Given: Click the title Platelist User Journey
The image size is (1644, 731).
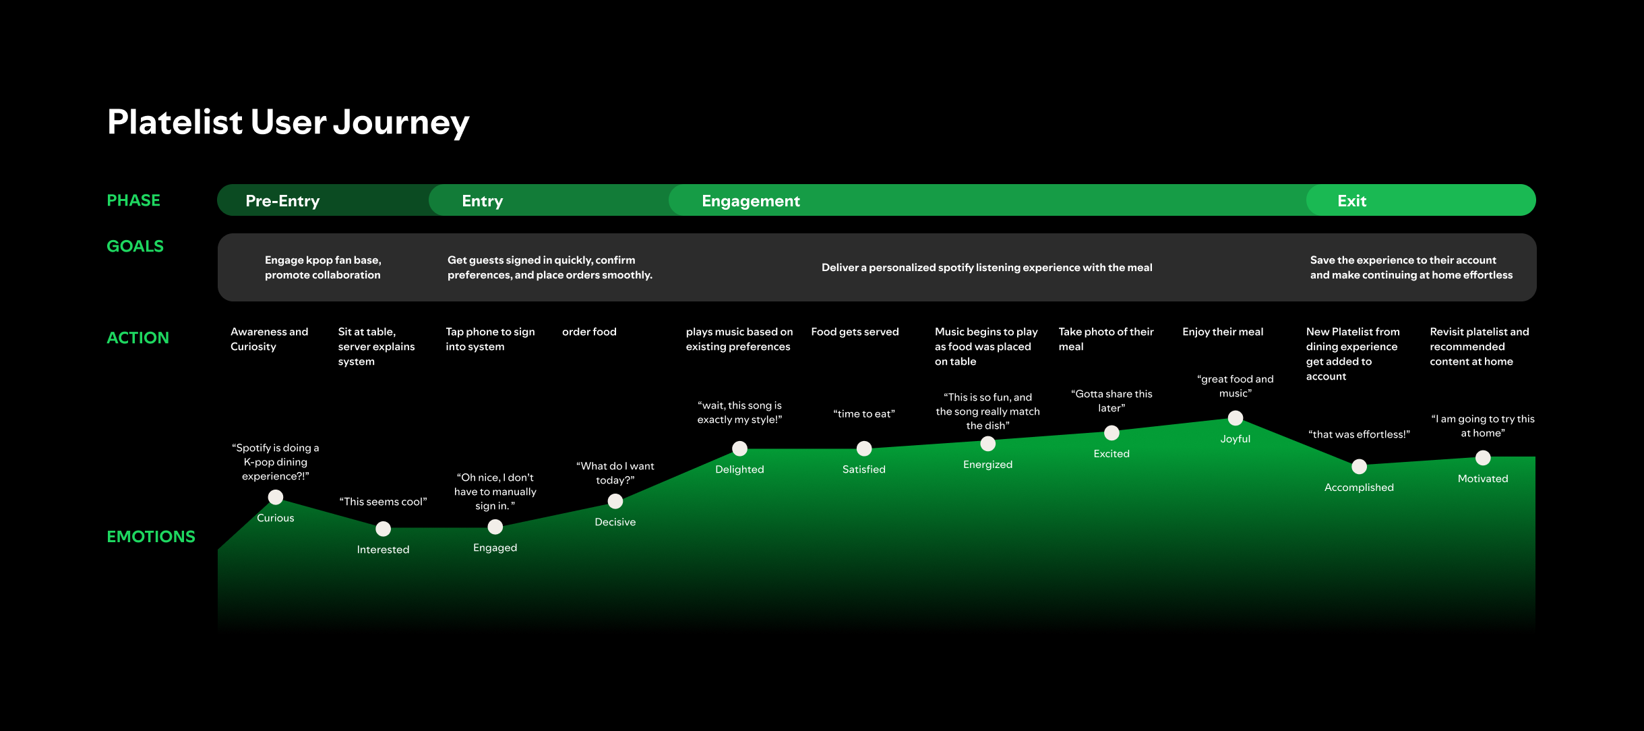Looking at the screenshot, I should tap(288, 123).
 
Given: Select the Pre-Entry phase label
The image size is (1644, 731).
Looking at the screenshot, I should tap(282, 201).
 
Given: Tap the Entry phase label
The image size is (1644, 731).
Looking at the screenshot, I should tap(482, 201).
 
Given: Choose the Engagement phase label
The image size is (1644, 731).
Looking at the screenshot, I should tap(750, 201).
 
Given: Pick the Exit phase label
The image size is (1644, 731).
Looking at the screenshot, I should tap(1351, 201).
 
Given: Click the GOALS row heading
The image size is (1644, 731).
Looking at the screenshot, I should tap(135, 246).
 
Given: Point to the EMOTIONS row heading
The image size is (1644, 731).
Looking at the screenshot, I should tap(151, 537).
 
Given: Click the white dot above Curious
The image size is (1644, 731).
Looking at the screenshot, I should tap(276, 498).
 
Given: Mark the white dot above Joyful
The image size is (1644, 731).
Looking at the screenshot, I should tap(1236, 418).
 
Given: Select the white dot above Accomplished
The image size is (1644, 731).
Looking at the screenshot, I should tap(1360, 467).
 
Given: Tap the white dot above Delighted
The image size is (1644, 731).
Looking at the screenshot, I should tap(739, 448).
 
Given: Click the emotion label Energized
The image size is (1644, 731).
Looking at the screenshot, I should tap(987, 465).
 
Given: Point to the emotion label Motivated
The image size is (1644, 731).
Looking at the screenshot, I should tap(1483, 479).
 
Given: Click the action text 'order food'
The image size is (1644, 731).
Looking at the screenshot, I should tap(589, 332).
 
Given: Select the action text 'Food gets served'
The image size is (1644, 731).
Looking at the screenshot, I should tap(855, 332).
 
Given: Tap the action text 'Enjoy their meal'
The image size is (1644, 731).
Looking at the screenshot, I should tap(1223, 332).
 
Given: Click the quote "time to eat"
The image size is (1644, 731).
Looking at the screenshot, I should tap(864, 414).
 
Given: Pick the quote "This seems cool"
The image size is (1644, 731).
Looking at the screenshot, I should tap(383, 502).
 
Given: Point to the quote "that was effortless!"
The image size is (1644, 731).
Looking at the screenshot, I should tap(1359, 434).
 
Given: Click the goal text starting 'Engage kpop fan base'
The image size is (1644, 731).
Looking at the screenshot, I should tap(323, 268).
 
